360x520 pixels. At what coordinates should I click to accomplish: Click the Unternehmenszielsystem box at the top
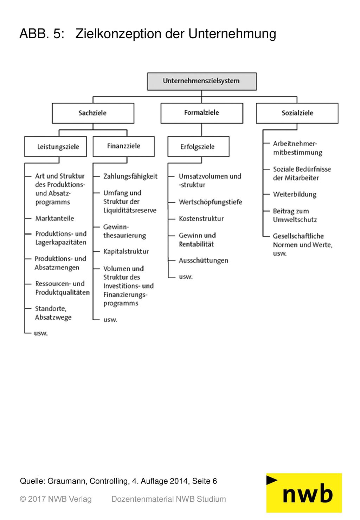pyautogui.click(x=202, y=81)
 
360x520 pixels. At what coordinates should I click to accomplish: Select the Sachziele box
pyautogui.click(x=93, y=113)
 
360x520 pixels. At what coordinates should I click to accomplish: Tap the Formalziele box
pyautogui.click(x=202, y=113)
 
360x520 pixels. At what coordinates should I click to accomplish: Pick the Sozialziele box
pyautogui.click(x=297, y=113)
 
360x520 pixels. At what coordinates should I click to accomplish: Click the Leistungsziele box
pyautogui.click(x=56, y=147)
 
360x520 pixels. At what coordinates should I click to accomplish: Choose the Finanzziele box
pyautogui.click(x=124, y=147)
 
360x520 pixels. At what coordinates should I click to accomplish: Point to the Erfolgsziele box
pyautogui.click(x=198, y=147)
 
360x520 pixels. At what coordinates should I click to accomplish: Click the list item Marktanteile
pyautogui.click(x=54, y=218)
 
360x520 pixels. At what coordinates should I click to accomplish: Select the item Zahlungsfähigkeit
pyautogui.click(x=130, y=176)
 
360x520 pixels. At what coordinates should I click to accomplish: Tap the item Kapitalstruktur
pyautogui.click(x=126, y=251)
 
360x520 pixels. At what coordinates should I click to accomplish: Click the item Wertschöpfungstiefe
pyautogui.click(x=210, y=202)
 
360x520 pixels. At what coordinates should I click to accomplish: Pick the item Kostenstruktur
pyautogui.click(x=201, y=218)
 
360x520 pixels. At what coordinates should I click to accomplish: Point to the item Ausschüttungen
pyautogui.click(x=203, y=261)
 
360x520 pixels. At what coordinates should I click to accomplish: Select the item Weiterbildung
pyautogui.click(x=295, y=194)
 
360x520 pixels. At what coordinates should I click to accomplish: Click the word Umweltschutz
pyautogui.click(x=295, y=220)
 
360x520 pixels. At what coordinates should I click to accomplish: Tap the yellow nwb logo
pyautogui.click(x=304, y=493)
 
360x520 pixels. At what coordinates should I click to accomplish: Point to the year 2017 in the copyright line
pyautogui.click(x=37, y=499)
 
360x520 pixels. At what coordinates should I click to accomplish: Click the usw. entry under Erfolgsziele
pyautogui.click(x=186, y=277)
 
